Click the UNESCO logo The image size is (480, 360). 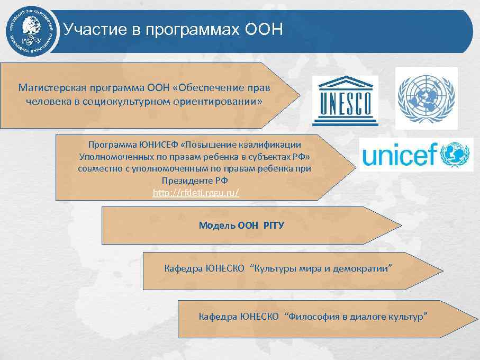point(345,101)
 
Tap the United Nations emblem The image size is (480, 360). point(426,98)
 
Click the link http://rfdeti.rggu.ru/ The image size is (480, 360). point(196,193)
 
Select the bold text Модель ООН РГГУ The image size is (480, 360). point(241,225)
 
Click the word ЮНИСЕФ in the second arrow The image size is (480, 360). point(157,144)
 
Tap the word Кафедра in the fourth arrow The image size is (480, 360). point(183,269)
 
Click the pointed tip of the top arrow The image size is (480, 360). point(300,95)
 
